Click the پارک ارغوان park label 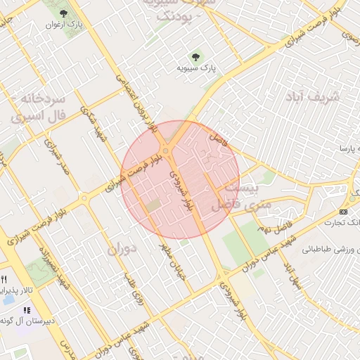pyautogui.click(x=65, y=25)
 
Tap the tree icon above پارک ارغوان pyautogui.click(x=65, y=13)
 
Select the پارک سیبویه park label pyautogui.click(x=196, y=69)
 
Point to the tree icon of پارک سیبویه pyautogui.click(x=196, y=57)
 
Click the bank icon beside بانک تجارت pyautogui.click(x=343, y=212)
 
